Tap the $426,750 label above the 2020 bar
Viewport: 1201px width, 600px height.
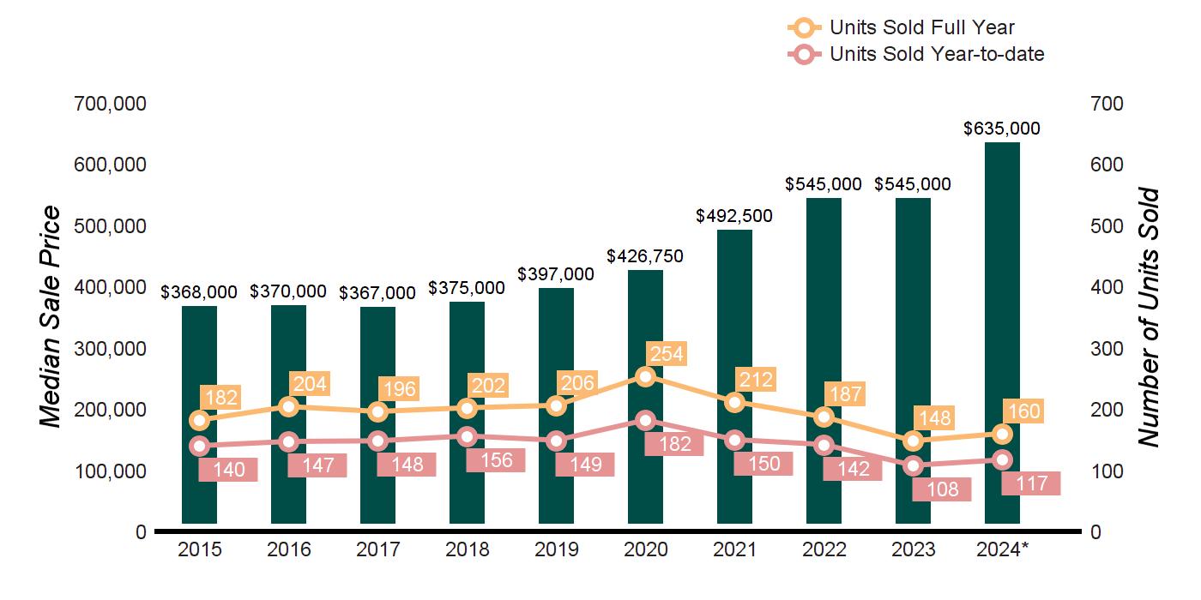pyautogui.click(x=645, y=256)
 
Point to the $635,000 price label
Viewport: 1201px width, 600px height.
pyautogui.click(x=1002, y=129)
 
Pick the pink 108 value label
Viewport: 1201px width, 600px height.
pyautogui.click(x=942, y=490)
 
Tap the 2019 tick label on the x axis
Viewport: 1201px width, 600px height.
pyautogui.click(x=556, y=549)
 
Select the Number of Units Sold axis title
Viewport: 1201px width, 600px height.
pyautogui.click(x=1148, y=317)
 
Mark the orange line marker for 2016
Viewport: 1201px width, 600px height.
pyautogui.click(x=288, y=406)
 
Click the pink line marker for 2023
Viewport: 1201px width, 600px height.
pyautogui.click(x=913, y=466)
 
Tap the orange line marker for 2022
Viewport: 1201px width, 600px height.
pyautogui.click(x=824, y=417)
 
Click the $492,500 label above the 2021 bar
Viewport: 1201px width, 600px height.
pyautogui.click(x=734, y=216)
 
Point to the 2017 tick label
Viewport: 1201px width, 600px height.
pyautogui.click(x=377, y=549)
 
